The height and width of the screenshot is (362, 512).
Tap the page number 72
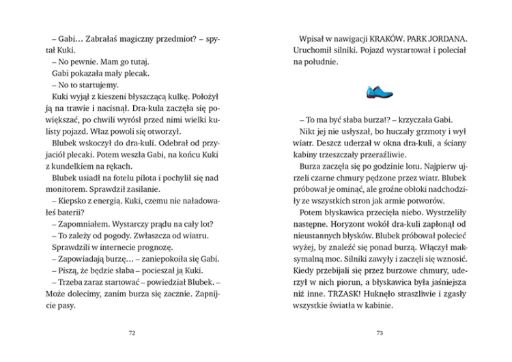point(132,333)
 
